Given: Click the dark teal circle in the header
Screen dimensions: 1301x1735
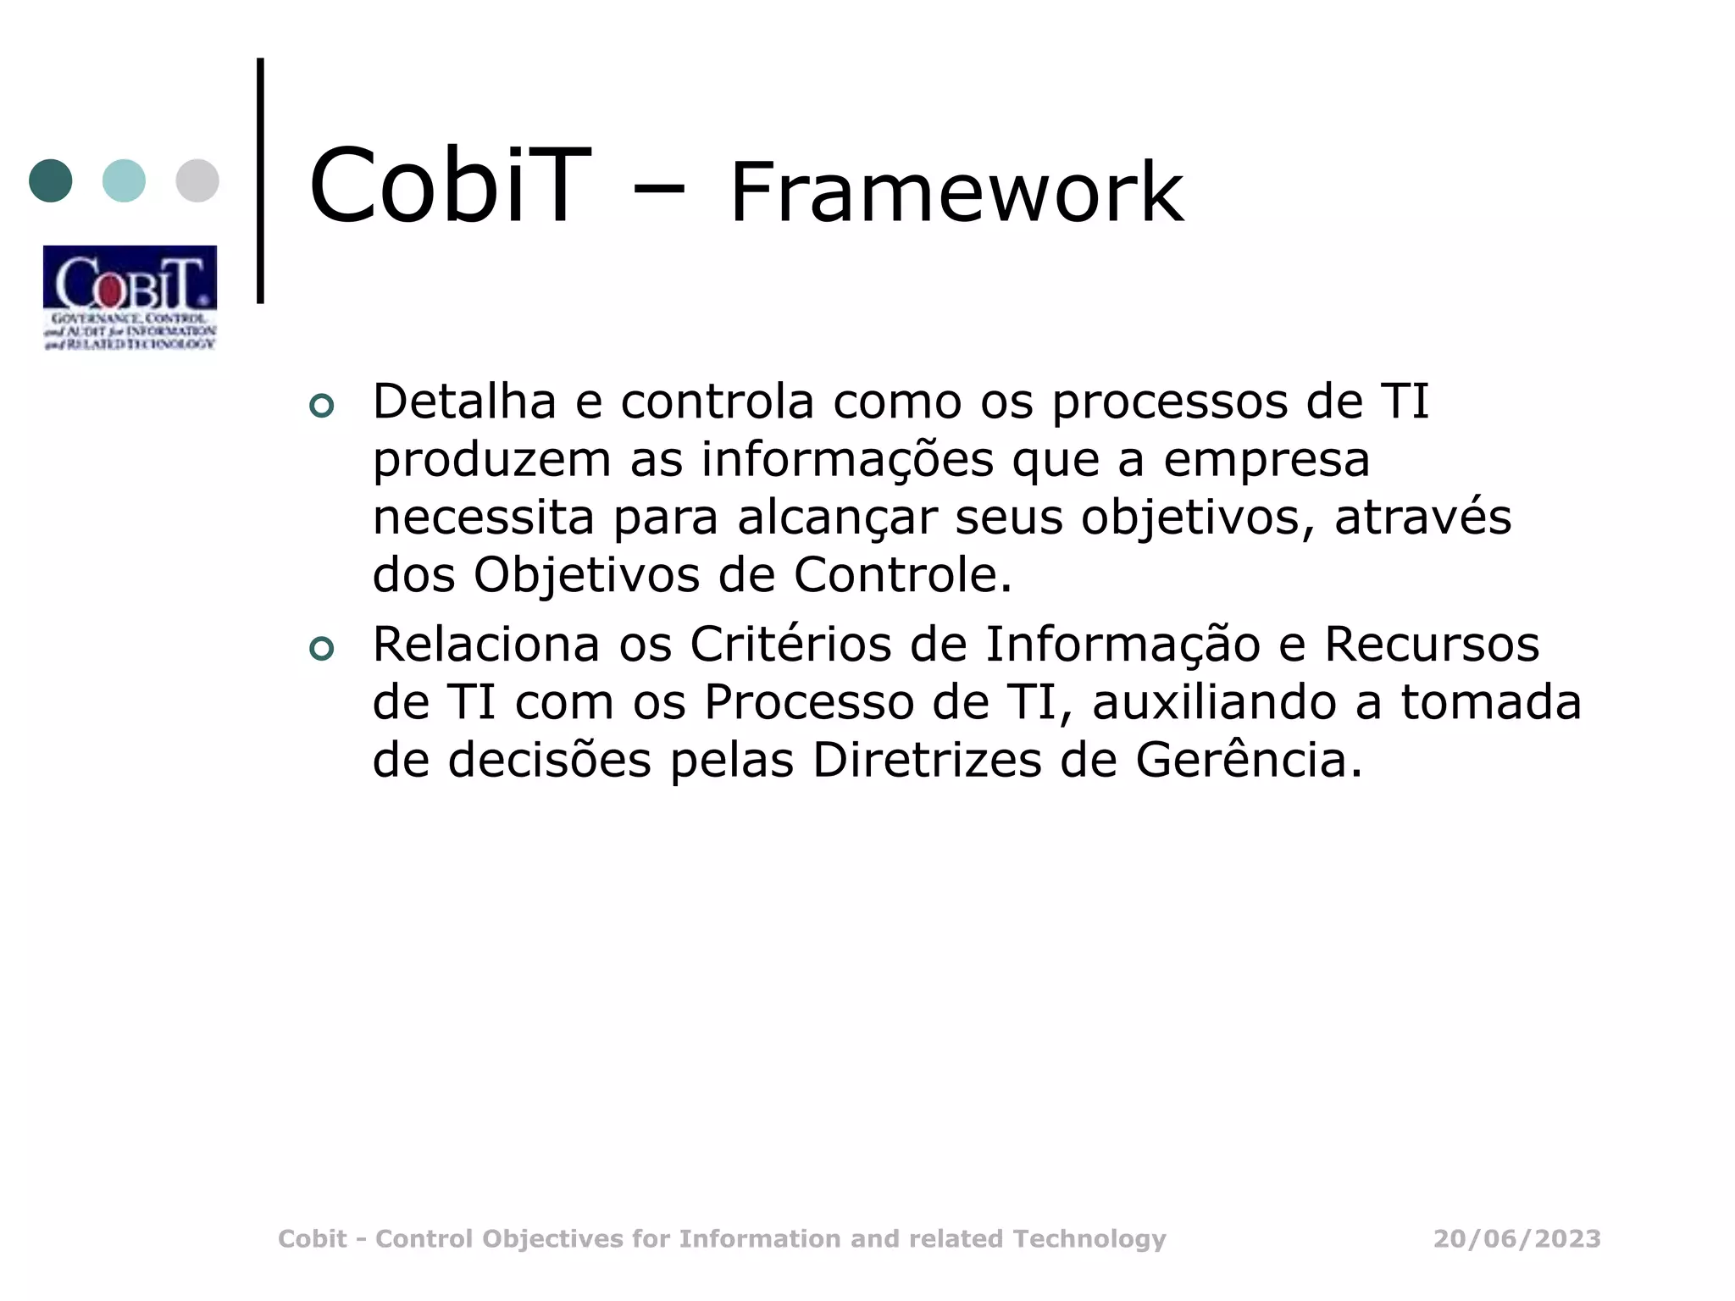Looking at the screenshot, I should click(51, 180).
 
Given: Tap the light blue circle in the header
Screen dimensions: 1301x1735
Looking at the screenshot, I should click(124, 180).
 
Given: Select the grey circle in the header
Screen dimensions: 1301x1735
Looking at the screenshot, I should click(197, 180).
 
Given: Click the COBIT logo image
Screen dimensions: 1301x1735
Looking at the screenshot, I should click(130, 297).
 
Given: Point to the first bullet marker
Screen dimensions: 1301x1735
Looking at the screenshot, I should click(322, 407).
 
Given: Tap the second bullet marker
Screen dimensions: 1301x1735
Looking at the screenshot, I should click(322, 649).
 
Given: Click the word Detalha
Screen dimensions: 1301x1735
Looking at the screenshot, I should click(464, 401).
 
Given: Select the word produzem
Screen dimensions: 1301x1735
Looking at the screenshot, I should click(491, 461).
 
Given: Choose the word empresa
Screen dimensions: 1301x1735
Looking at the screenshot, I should click(1267, 461).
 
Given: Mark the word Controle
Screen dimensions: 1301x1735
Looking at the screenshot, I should click(902, 575).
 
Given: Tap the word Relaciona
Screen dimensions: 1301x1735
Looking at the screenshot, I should click(486, 644).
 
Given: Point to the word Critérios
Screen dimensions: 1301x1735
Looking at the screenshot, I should click(790, 644).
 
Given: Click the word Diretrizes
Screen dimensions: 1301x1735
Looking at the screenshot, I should click(927, 760).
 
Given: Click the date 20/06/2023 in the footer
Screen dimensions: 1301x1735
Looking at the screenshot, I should click(1516, 1238).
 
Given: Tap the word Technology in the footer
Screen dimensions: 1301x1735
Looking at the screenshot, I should click(1089, 1238).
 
